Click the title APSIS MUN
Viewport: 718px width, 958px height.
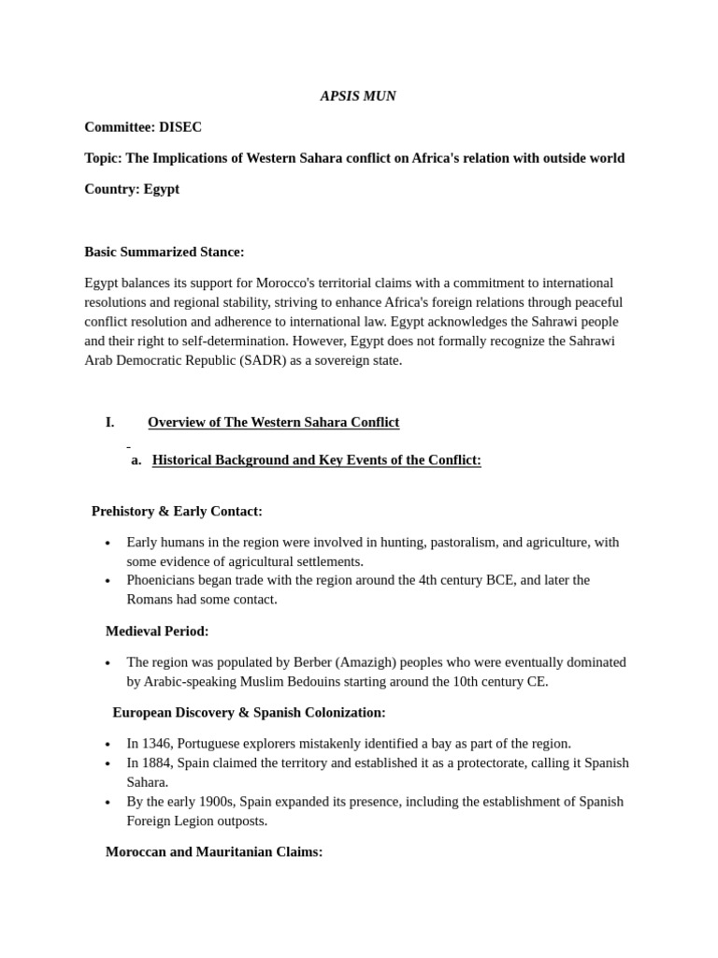click(358, 96)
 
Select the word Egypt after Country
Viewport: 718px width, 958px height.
click(161, 189)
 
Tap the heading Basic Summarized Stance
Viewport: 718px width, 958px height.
click(164, 252)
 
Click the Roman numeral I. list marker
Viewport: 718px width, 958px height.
click(109, 422)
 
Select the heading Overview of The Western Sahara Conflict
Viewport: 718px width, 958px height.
click(273, 422)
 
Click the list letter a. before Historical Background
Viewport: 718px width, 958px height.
click(136, 460)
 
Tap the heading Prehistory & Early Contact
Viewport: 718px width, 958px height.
click(177, 511)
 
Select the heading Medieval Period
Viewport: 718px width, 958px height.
click(157, 631)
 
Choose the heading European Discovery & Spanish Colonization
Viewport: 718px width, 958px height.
click(249, 713)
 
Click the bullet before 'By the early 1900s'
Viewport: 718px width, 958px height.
click(108, 803)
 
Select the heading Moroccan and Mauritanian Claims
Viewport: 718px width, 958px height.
click(214, 852)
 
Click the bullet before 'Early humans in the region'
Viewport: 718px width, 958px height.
click(108, 544)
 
